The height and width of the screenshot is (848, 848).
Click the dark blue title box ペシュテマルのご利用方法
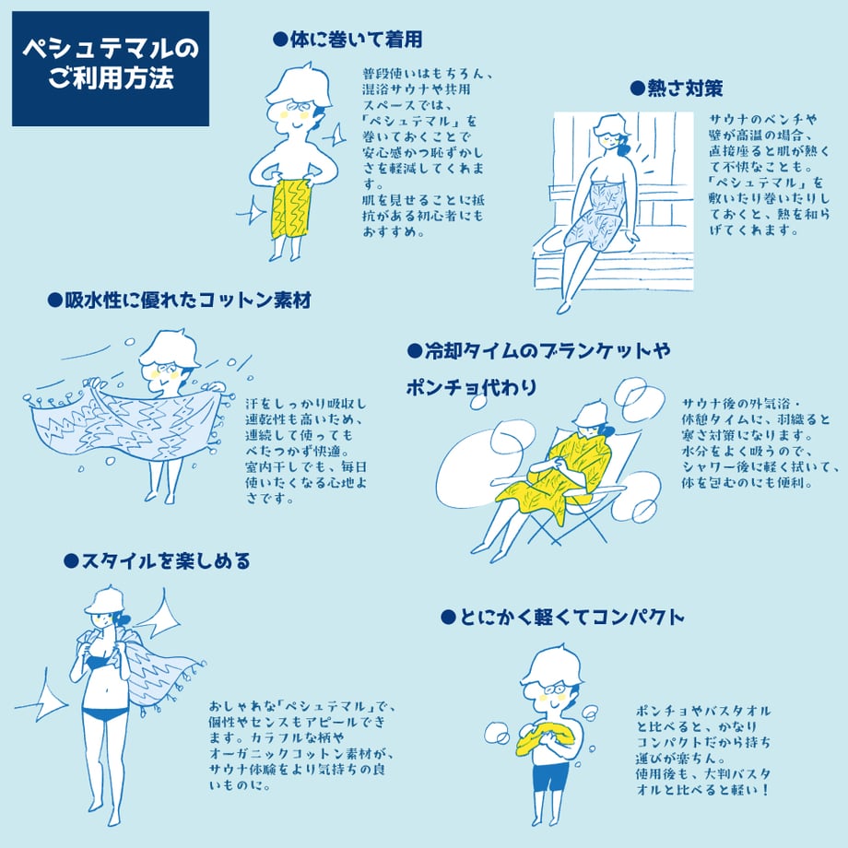(x=111, y=69)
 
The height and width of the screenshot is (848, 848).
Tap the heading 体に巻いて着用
(x=356, y=40)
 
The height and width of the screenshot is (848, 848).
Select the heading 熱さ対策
(x=685, y=88)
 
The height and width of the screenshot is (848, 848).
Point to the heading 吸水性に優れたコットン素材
(x=188, y=300)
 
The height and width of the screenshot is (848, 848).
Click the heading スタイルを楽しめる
(x=166, y=560)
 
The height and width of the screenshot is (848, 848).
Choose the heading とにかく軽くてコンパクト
(x=571, y=617)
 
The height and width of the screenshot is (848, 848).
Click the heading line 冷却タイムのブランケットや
(x=548, y=351)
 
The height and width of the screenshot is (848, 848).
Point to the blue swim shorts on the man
(x=550, y=777)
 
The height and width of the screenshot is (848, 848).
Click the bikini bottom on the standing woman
(x=105, y=713)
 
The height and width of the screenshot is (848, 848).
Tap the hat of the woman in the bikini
(x=104, y=600)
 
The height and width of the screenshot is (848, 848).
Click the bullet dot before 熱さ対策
(x=638, y=88)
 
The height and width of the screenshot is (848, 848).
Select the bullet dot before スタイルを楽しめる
(x=71, y=561)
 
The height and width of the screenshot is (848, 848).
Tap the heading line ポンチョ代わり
(x=471, y=388)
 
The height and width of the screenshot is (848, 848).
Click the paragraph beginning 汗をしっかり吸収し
(x=306, y=451)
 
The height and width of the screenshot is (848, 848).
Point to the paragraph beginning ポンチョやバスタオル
(x=703, y=750)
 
